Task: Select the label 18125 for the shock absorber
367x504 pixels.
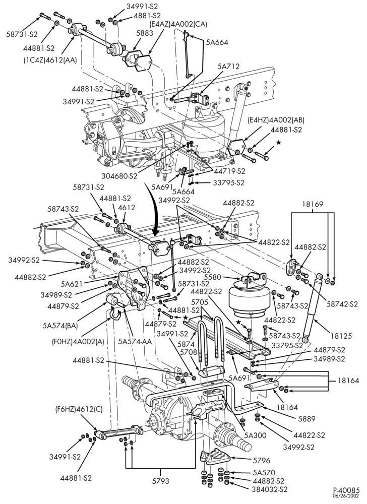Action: [x=341, y=336]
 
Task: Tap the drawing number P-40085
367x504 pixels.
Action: [x=346, y=490]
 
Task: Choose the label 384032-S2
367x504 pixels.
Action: [x=270, y=489]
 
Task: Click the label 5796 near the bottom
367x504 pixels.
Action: [x=262, y=460]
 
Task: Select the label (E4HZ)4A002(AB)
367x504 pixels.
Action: [x=276, y=120]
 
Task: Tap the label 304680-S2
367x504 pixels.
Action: [x=120, y=176]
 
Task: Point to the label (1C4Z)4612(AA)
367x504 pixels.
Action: [x=50, y=60]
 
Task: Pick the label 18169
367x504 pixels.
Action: [x=313, y=204]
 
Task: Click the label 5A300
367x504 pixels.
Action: [x=255, y=435]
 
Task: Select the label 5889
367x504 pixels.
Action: [x=307, y=418]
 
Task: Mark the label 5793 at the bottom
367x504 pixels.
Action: [x=160, y=481]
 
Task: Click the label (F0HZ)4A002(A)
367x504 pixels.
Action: [x=78, y=341]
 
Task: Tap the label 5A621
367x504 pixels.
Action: [x=72, y=284]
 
